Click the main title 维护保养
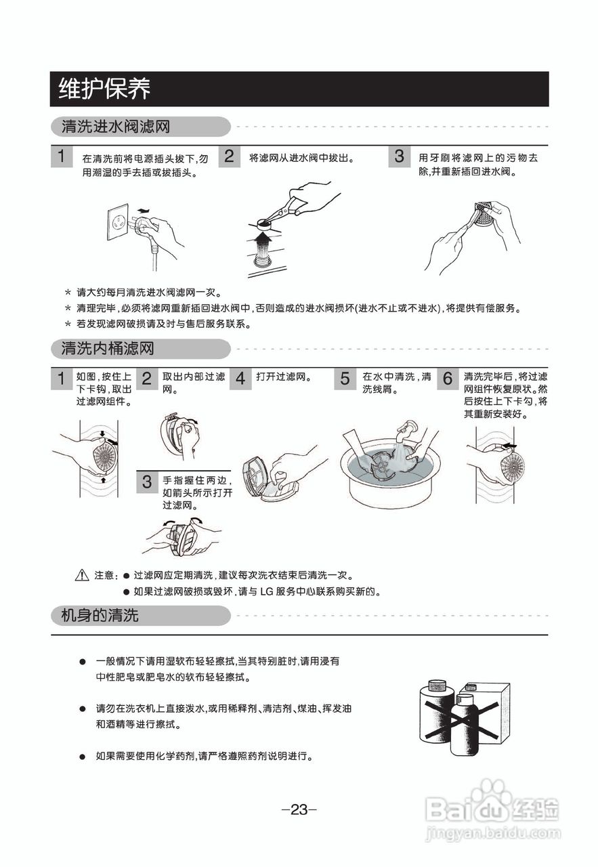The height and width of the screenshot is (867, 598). point(105,89)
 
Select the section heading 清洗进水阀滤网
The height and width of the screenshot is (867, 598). point(116,127)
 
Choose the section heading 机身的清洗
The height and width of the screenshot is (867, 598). point(100,616)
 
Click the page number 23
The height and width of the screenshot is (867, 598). point(299,809)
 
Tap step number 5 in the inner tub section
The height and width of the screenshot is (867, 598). point(345,379)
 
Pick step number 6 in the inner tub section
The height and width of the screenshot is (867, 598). point(447,379)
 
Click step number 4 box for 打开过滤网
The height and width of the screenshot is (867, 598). point(240,379)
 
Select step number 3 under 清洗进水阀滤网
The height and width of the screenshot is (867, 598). point(400,157)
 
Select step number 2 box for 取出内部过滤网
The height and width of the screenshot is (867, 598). point(146,379)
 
